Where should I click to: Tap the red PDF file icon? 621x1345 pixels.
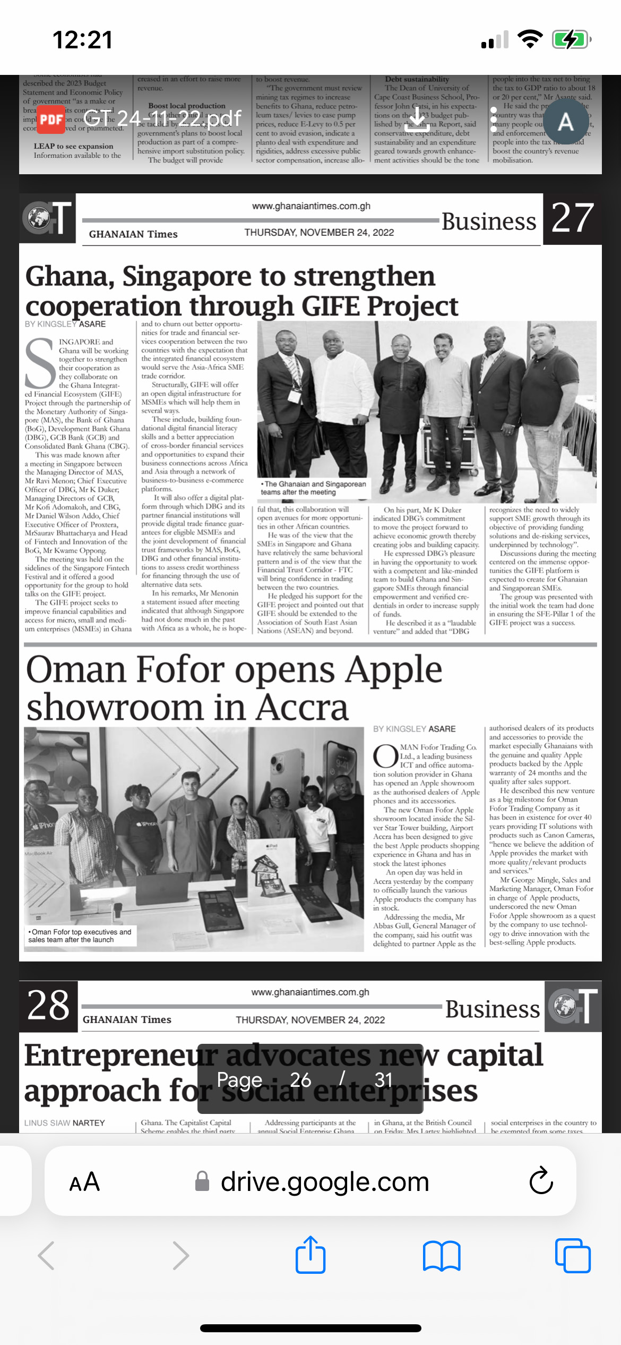click(x=51, y=120)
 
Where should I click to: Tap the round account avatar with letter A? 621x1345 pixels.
click(x=565, y=122)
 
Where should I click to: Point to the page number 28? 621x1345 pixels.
click(x=48, y=1006)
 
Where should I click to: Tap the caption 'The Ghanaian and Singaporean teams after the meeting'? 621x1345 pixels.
click(x=313, y=488)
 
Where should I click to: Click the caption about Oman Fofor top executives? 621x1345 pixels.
click(x=80, y=935)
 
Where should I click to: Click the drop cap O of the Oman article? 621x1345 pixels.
click(x=385, y=756)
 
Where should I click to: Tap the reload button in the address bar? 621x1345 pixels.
click(x=541, y=1181)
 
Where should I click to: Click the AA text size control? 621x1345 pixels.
click(x=84, y=1182)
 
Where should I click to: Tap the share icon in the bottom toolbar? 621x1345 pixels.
click(x=310, y=1255)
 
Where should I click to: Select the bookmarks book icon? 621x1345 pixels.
click(x=442, y=1256)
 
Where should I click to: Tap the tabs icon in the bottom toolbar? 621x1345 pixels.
click(x=573, y=1256)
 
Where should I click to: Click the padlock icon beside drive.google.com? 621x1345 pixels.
click(x=202, y=1182)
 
